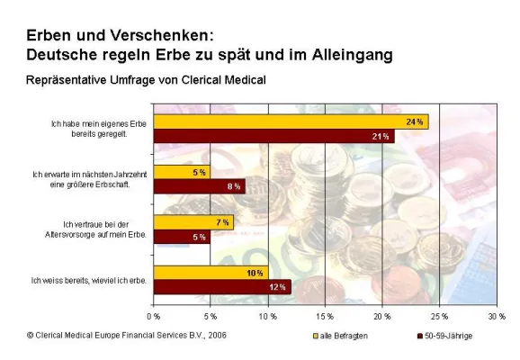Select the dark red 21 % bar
pyautogui.click(x=273, y=136)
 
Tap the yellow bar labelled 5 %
pyautogui.click(x=182, y=172)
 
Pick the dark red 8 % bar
pyautogui.click(x=199, y=186)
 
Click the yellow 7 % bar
pyautogui.click(x=193, y=222)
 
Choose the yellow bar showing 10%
pyautogui.click(x=211, y=273)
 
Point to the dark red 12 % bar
pyautogui.click(x=222, y=287)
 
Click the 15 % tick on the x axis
pyautogui.click(x=325, y=317)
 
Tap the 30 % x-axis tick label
pyautogui.click(x=496, y=317)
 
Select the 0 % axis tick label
pyautogui.click(x=154, y=317)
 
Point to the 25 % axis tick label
pyautogui.click(x=439, y=317)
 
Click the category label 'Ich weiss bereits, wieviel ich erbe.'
pyautogui.click(x=86, y=281)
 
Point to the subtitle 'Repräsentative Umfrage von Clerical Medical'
pyautogui.click(x=146, y=80)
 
